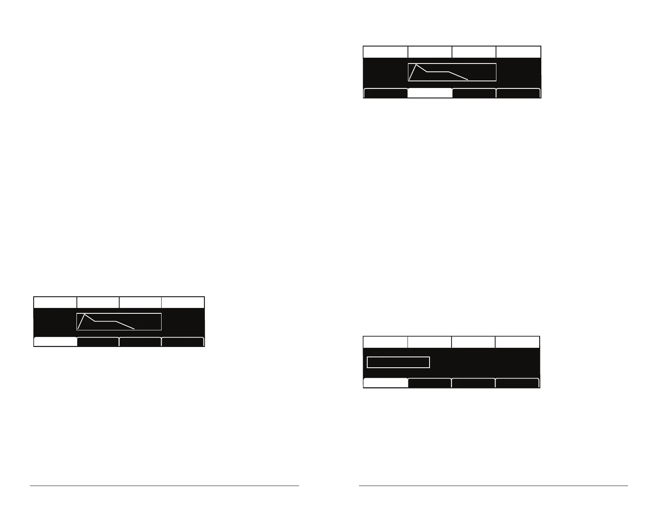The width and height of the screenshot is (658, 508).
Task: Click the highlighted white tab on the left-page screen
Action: click(x=55, y=342)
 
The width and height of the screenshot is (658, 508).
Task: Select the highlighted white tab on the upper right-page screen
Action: click(x=430, y=93)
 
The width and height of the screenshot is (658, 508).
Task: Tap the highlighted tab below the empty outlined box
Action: click(x=385, y=383)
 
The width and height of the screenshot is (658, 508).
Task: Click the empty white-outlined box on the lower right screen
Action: click(x=398, y=362)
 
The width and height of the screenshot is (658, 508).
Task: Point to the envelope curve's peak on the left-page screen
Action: click(x=85, y=315)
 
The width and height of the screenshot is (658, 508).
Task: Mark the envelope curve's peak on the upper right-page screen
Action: click(x=416, y=65)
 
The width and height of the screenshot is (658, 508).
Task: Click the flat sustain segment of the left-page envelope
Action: click(x=106, y=321)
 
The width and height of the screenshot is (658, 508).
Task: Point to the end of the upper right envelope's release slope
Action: click(x=468, y=79)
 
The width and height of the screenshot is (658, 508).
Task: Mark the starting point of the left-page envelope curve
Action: click(x=78, y=329)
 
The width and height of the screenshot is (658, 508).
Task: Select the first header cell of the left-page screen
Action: click(x=55, y=302)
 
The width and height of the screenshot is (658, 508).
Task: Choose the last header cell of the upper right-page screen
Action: click(x=518, y=52)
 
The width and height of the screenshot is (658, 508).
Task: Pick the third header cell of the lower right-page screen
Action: click(x=473, y=342)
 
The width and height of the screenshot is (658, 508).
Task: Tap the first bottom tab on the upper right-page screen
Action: click(x=385, y=93)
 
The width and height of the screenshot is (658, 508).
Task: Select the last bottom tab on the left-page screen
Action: click(x=183, y=342)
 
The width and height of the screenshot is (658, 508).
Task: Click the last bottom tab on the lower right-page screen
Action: click(x=517, y=383)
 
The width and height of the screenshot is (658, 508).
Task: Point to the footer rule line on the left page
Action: click(x=164, y=485)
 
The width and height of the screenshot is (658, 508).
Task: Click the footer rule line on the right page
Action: click(x=493, y=485)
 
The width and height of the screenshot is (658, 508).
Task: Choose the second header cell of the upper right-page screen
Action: click(x=430, y=52)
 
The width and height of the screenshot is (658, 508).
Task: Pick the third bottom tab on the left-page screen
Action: click(x=140, y=342)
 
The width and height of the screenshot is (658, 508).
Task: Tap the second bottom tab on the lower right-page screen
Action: click(x=430, y=383)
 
